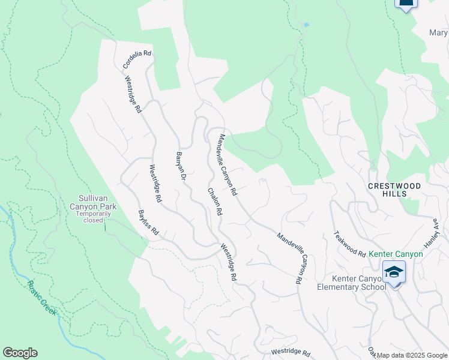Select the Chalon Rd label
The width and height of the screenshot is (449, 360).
[215, 202]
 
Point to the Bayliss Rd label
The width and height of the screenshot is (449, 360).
[148, 222]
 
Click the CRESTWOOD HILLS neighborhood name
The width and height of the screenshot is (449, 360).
[395, 190]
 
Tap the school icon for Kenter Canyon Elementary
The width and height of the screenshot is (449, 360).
[394, 273]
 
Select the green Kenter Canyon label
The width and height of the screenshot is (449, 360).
[396, 254]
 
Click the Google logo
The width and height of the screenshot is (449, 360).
[20, 353]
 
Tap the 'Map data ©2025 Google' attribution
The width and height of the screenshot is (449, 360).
[412, 355]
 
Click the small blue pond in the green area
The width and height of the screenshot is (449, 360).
[306, 25]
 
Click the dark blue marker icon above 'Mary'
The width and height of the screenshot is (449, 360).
[406, 4]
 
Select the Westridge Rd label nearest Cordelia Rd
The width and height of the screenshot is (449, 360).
[133, 95]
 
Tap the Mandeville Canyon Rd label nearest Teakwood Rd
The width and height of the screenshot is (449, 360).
[289, 258]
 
